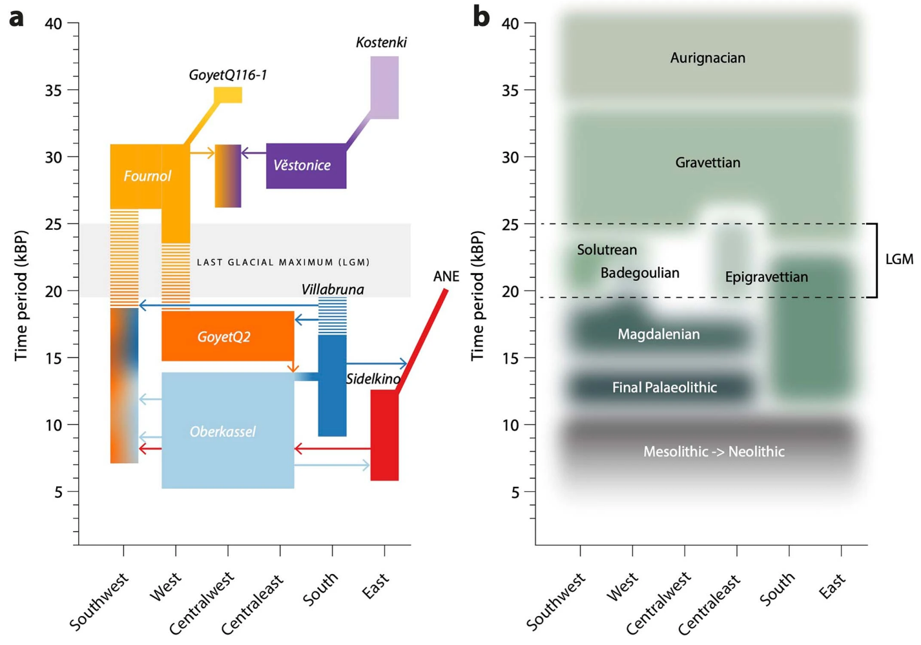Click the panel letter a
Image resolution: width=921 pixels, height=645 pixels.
point(17,17)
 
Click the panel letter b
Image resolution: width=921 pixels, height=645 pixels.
point(481,16)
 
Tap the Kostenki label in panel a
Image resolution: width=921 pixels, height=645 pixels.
point(381,43)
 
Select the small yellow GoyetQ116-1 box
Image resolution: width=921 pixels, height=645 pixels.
point(228,95)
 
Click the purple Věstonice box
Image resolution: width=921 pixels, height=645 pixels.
point(306,165)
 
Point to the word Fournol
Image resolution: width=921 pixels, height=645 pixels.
point(147,176)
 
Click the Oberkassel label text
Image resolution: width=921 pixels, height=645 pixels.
point(222,431)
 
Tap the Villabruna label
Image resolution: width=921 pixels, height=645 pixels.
point(332,289)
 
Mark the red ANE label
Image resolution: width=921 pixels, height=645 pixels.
point(446,276)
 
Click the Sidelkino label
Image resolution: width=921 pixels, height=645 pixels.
point(373,379)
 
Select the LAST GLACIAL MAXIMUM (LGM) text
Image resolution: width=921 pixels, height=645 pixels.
point(283,262)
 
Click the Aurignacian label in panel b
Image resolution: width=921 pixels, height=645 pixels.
point(707,58)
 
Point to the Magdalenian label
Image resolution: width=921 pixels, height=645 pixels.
point(658,334)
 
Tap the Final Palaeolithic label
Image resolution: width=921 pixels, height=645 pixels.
point(664,387)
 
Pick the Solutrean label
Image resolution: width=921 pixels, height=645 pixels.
point(606,250)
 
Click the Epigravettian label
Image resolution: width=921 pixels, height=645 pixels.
point(766,277)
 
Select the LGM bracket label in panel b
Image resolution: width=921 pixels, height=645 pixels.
point(898,260)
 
